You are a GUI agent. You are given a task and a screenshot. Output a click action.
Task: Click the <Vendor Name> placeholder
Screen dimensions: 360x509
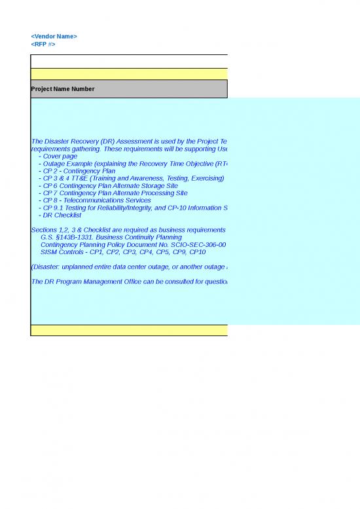coord(54,36)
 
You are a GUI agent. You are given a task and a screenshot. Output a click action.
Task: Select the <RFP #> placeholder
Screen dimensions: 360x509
coord(43,44)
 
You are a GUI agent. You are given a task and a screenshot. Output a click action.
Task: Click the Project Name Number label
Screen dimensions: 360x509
coord(62,89)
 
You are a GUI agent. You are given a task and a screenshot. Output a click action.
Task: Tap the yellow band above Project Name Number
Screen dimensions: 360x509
coord(129,74)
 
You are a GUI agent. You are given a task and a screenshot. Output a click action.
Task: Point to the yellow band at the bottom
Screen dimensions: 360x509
coord(129,330)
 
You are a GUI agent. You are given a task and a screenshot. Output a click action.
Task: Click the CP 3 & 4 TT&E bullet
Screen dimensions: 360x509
coord(131,178)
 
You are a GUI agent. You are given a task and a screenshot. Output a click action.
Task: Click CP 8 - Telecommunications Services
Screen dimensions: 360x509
coord(94,200)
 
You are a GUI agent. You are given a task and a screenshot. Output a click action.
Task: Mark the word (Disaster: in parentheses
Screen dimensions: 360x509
coord(46,266)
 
